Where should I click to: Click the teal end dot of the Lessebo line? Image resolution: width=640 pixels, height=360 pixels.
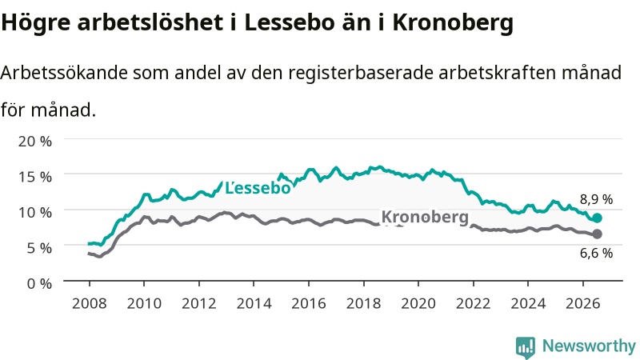(x=597, y=218)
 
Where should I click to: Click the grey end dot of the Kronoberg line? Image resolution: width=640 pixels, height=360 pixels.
(x=597, y=234)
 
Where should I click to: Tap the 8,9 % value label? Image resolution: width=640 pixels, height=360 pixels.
(x=596, y=199)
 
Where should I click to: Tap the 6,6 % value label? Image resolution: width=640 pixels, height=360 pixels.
(x=596, y=253)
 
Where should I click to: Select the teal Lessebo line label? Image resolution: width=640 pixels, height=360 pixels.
(x=258, y=188)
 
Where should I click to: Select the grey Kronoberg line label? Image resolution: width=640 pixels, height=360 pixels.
(x=425, y=217)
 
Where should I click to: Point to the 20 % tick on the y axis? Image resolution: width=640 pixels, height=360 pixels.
(x=35, y=142)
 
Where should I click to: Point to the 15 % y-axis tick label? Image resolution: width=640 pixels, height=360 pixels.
(x=35, y=177)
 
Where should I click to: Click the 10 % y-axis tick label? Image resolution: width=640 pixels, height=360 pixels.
(x=35, y=212)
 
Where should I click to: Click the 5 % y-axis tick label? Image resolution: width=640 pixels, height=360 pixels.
(x=39, y=248)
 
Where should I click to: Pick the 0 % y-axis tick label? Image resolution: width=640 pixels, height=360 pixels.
(x=39, y=283)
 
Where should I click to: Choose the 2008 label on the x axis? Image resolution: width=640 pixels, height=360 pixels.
(x=90, y=304)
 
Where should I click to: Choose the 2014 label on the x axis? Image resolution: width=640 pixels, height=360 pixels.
(x=254, y=304)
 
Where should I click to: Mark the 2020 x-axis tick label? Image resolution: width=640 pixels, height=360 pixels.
(x=418, y=304)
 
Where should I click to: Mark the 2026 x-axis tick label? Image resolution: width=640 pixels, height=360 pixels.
(x=583, y=304)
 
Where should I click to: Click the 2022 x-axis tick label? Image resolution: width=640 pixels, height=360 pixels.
(x=474, y=304)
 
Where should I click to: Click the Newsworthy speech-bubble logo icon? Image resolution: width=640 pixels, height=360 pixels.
(x=526, y=346)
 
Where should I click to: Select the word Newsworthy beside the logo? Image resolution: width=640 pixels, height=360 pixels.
(x=589, y=346)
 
